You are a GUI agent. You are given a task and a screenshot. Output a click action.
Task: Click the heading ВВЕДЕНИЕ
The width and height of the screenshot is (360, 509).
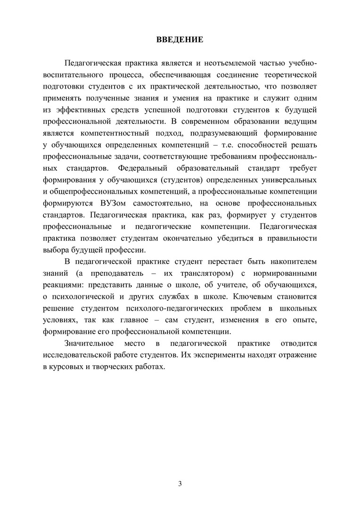click(180, 40)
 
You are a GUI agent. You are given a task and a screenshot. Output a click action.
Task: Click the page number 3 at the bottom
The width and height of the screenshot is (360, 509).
click(180, 484)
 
